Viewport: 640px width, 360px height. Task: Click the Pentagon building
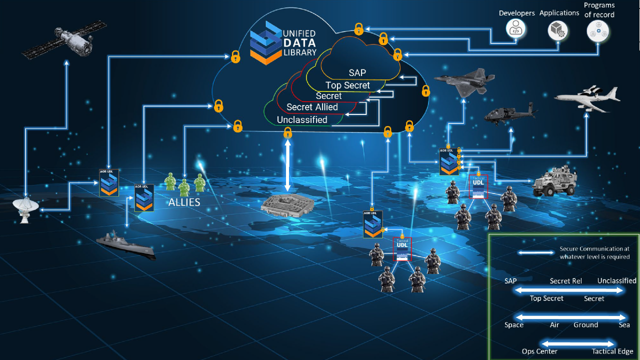point(287,205)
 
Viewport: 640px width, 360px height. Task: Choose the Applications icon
point(557,30)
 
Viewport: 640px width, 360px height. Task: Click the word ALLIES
point(184,202)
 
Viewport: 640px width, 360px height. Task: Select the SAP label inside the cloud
point(357,73)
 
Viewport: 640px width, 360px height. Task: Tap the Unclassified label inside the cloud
point(302,120)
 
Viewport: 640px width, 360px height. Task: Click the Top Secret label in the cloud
point(347,85)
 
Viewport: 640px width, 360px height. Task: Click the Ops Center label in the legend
point(539,351)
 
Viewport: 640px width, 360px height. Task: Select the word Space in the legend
point(514,325)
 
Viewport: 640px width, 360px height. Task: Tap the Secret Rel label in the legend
point(565,281)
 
